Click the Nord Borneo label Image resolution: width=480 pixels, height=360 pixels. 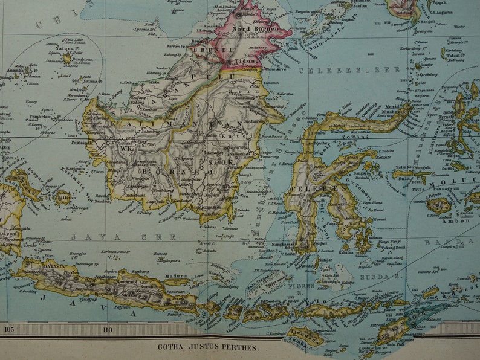coord(254,28)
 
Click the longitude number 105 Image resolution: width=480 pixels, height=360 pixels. coord(8,329)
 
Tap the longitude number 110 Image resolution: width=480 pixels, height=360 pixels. coord(108,330)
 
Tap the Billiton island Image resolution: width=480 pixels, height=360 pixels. coord(63,197)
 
